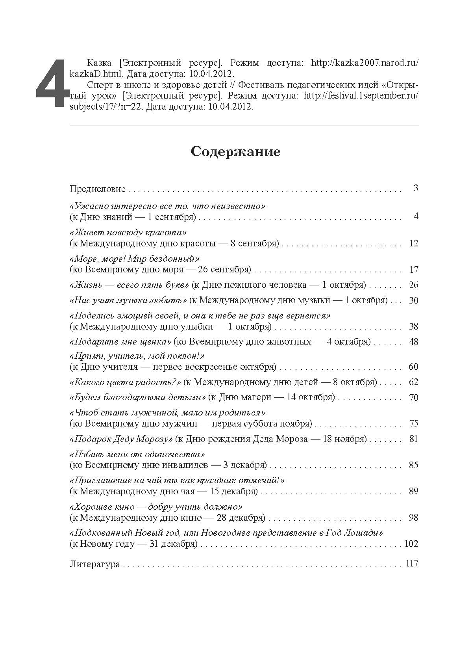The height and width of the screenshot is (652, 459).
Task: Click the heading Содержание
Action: (235, 152)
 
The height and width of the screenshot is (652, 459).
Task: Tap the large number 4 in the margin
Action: (51, 84)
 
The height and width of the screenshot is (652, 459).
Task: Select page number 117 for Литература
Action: (411, 563)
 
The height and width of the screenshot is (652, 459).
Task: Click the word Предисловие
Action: (97, 189)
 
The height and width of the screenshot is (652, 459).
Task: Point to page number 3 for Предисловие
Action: (416, 188)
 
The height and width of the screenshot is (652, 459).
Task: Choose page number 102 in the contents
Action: (411, 544)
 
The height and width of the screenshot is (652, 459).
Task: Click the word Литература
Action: (94, 564)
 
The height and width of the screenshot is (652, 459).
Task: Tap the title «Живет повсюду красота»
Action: (128, 232)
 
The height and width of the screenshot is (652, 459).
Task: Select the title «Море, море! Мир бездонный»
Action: (135, 259)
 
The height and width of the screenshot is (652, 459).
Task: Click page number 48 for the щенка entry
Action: (413, 341)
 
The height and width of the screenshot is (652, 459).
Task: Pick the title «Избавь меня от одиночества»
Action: (137, 455)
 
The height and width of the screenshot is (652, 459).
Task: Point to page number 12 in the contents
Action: (413, 243)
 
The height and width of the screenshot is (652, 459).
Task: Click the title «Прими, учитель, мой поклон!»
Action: (137, 356)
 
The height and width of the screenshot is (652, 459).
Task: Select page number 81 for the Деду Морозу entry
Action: (413, 439)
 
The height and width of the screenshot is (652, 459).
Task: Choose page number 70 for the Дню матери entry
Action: (413, 397)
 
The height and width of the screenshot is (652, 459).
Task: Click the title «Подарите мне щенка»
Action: (120, 341)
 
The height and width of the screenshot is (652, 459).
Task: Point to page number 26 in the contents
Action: (413, 285)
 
